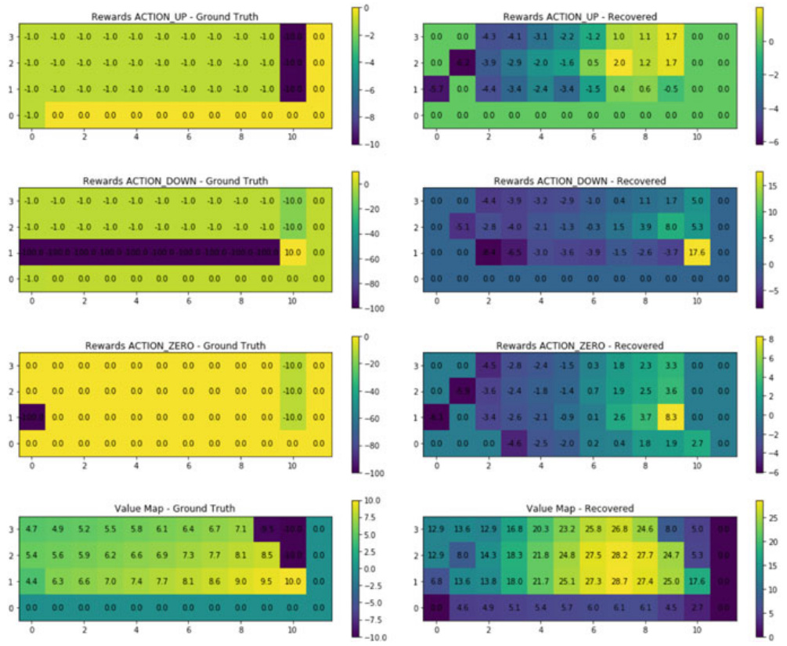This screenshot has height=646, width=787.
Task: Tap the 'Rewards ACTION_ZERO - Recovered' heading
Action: (x=579, y=345)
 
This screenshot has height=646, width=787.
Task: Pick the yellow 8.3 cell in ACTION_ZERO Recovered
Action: (x=670, y=417)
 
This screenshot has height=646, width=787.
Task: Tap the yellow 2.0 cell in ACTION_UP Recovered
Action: (x=619, y=63)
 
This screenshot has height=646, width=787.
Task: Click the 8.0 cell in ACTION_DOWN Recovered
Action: (x=670, y=227)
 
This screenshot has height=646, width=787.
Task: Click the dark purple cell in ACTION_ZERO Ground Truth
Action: (x=32, y=417)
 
